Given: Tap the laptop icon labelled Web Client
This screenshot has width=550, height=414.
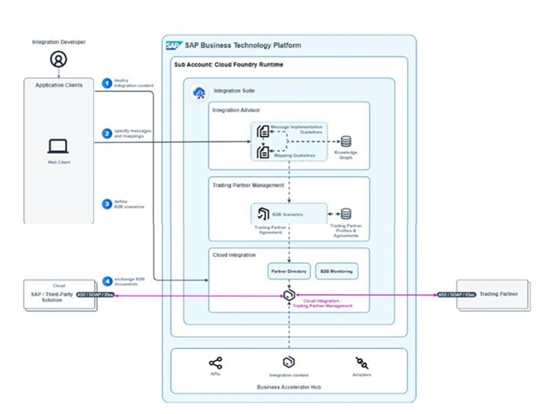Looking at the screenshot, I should pyautogui.click(x=58, y=145).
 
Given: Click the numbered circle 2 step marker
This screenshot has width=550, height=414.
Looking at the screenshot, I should pyautogui.click(x=107, y=133).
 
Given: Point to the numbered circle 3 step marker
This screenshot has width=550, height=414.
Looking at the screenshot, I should pyautogui.click(x=107, y=203).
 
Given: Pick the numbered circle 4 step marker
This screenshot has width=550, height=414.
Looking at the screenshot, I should pyautogui.click(x=107, y=281).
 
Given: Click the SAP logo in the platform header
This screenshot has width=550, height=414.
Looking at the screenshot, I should pyautogui.click(x=173, y=45).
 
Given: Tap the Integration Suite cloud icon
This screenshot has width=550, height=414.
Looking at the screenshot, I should pyautogui.click(x=199, y=93).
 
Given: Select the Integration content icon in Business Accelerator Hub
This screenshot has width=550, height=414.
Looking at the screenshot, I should pyautogui.click(x=289, y=362).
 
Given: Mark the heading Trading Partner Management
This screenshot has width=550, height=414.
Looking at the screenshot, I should pyautogui.click(x=247, y=185).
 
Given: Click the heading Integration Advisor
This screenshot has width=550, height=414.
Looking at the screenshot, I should pyautogui.click(x=236, y=110).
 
